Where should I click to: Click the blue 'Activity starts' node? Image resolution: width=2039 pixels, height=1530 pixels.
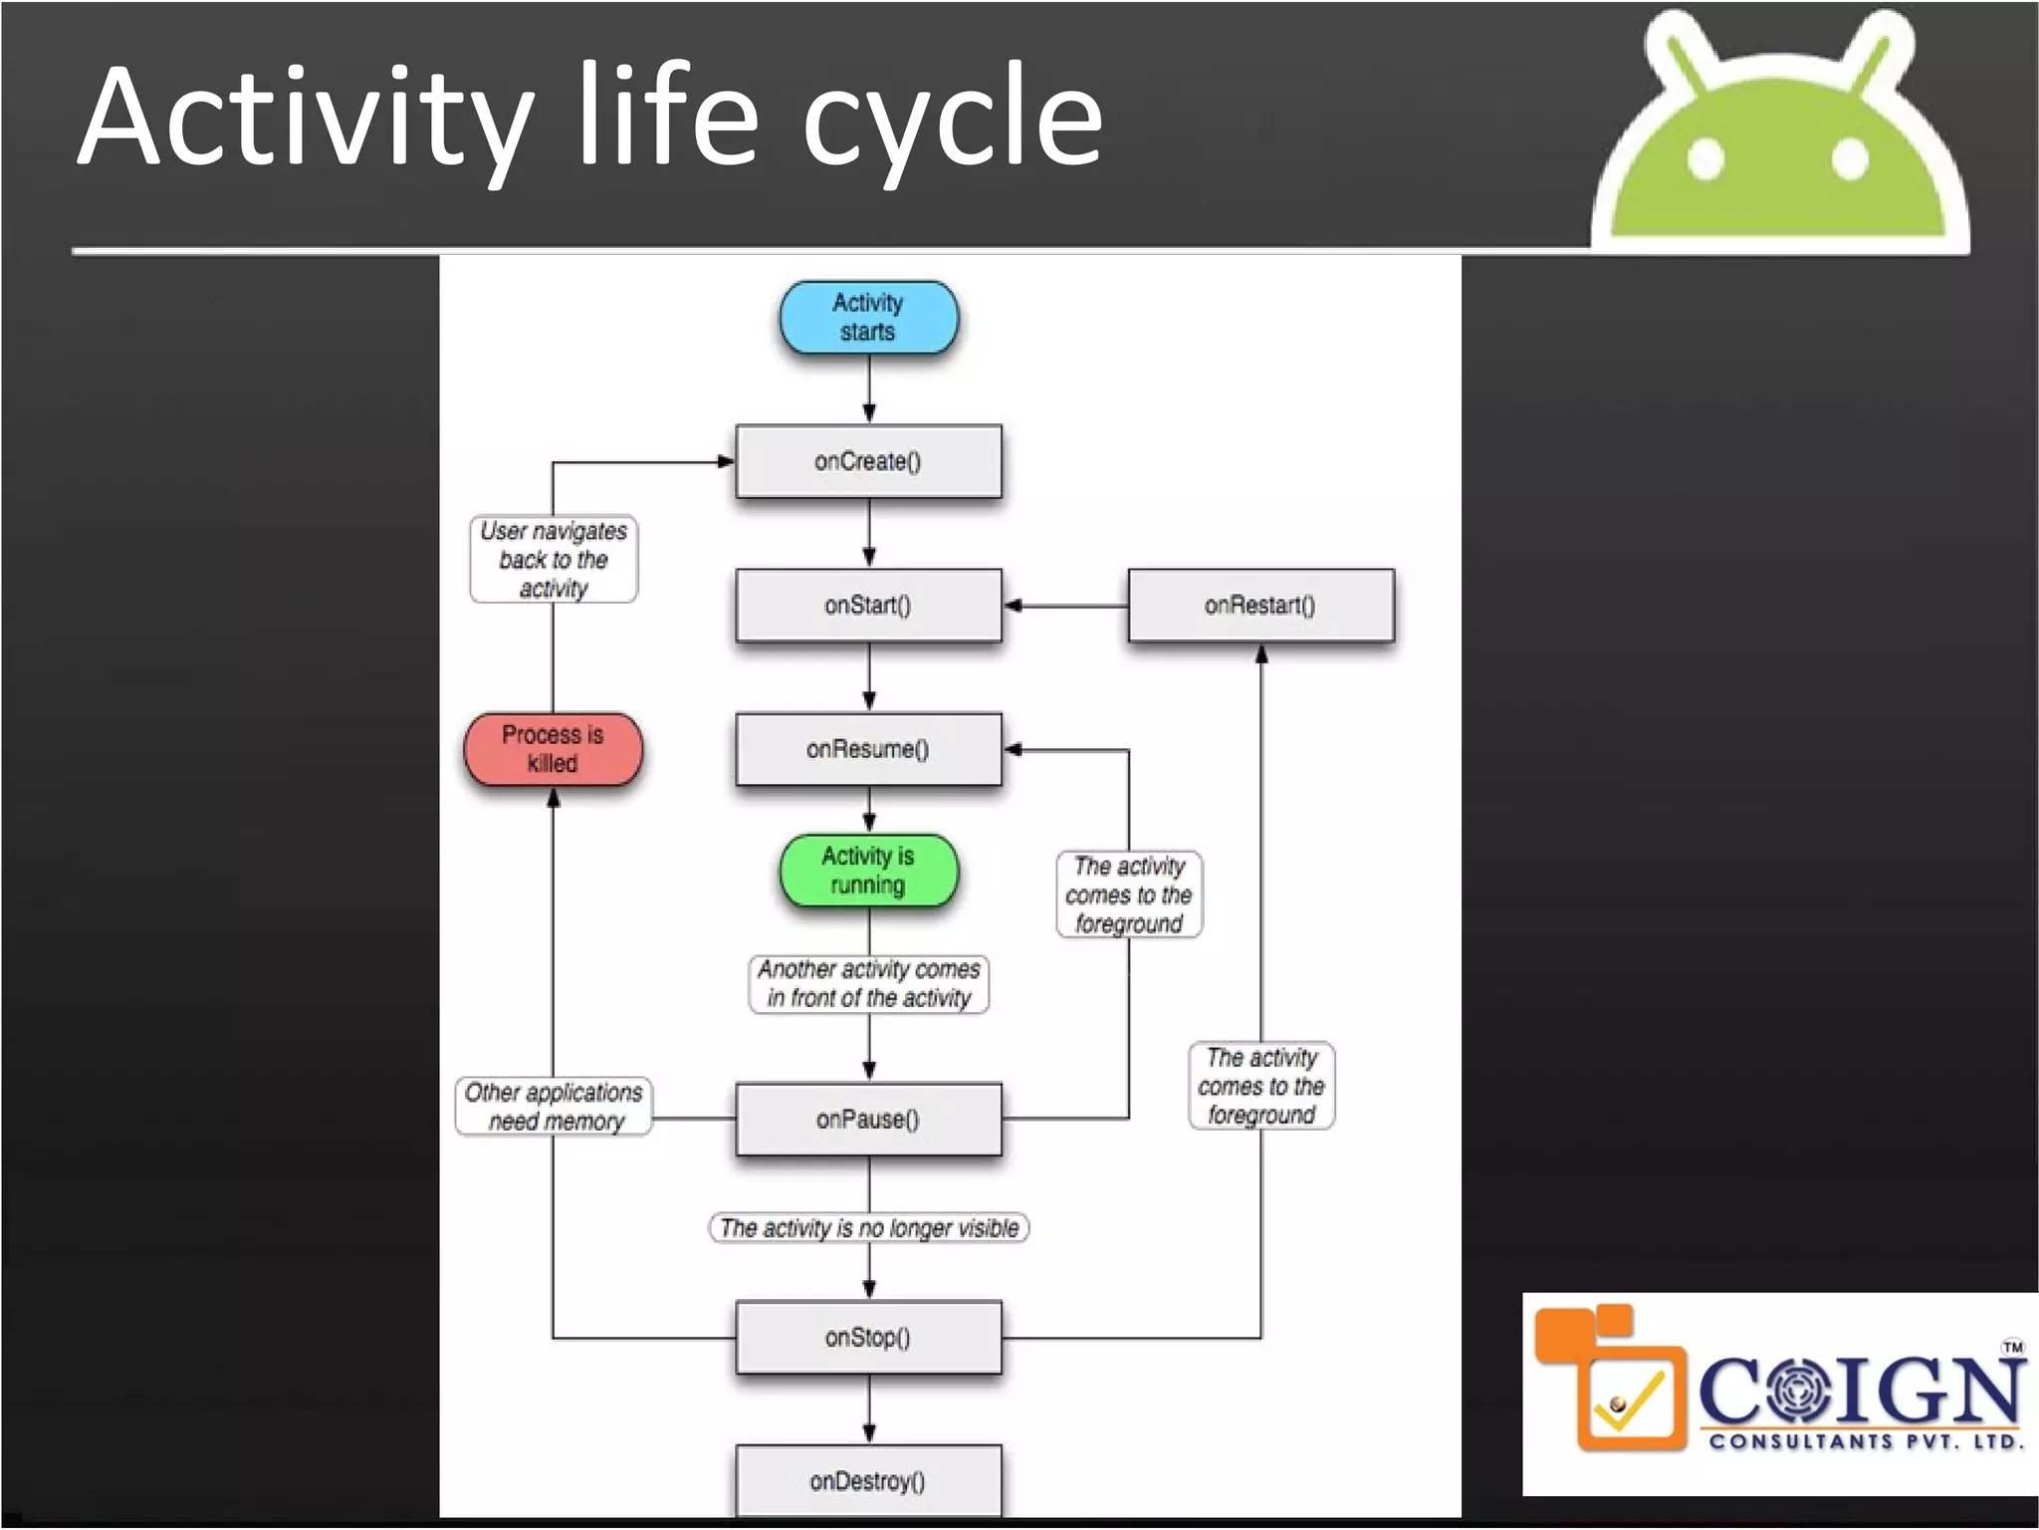click(868, 318)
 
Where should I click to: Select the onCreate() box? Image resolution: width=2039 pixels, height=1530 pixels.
click(868, 461)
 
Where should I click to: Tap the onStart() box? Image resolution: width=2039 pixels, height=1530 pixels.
click(868, 605)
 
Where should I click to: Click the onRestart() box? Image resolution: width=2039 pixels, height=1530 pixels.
click(1260, 605)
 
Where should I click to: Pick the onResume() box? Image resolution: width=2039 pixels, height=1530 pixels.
click(868, 749)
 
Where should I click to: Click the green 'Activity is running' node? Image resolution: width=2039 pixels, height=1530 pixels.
click(868, 871)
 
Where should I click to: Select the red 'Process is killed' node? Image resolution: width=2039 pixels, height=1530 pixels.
click(553, 749)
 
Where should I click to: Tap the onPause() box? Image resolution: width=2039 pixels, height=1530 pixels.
click(868, 1120)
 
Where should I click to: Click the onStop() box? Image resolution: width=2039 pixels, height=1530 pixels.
click(868, 1337)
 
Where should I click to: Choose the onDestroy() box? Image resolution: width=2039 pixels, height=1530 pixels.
click(868, 1481)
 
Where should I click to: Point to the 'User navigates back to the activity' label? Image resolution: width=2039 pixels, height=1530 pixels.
click(554, 560)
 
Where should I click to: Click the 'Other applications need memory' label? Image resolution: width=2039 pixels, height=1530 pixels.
click(554, 1107)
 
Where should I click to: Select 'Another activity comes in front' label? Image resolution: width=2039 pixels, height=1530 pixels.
click(868, 984)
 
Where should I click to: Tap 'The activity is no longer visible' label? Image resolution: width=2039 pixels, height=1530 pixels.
click(868, 1228)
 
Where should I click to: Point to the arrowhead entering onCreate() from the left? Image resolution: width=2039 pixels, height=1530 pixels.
click(726, 461)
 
